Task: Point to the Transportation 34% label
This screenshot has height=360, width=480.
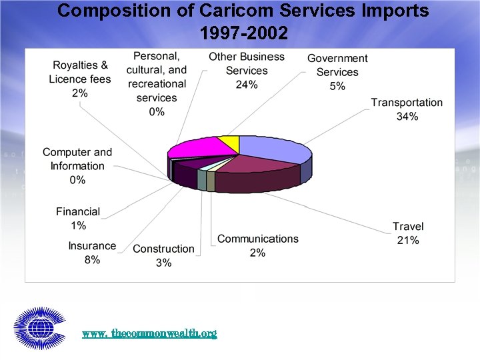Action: [x=407, y=110]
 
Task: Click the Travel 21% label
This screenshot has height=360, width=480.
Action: [x=408, y=233]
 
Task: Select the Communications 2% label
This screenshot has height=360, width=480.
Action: [x=257, y=245]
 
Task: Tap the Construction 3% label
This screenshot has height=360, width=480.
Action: [x=163, y=255]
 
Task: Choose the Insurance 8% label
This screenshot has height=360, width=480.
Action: [x=92, y=253]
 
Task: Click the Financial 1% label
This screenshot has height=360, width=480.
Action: [x=78, y=219]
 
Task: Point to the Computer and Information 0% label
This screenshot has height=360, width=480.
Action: [x=77, y=166]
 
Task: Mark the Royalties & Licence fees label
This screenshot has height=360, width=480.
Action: [x=80, y=79]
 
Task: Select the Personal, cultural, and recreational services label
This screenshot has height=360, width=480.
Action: [x=157, y=84]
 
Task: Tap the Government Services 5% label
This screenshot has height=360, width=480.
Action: [x=337, y=72]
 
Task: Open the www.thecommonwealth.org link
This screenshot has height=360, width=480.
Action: [x=149, y=333]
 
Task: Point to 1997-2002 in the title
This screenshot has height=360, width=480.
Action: [x=243, y=33]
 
